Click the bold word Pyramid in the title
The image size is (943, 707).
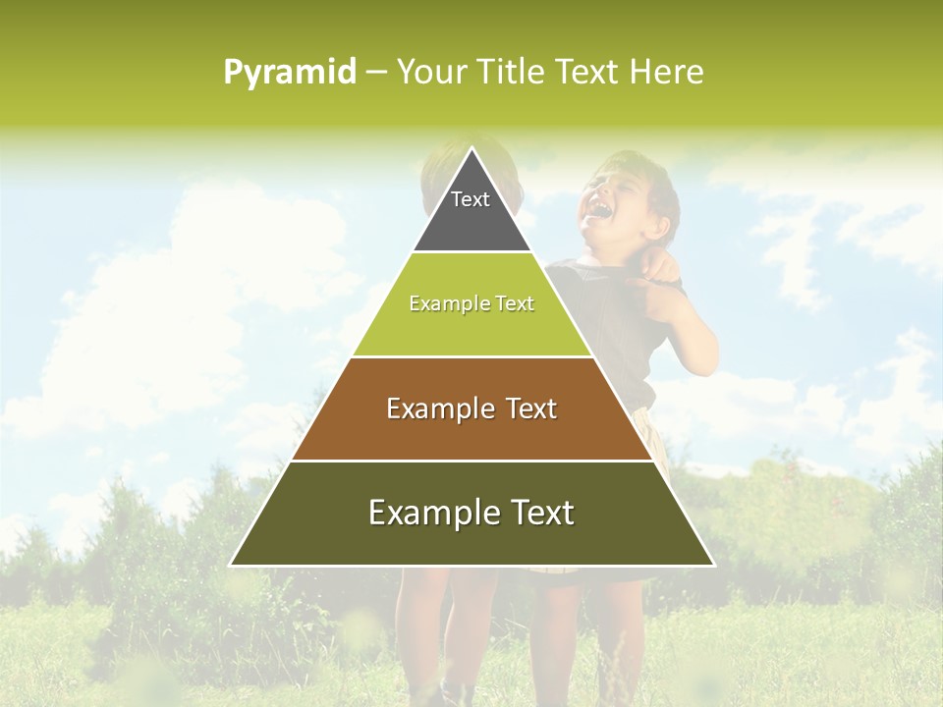pos(289,73)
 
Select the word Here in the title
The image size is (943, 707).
pos(666,72)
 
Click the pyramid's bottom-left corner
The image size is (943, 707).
pos(232,565)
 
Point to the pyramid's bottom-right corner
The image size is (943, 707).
pos(712,565)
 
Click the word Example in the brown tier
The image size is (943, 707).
pos(432,408)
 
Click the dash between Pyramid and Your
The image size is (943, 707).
pos(376,73)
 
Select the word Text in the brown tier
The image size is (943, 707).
pos(531,408)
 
